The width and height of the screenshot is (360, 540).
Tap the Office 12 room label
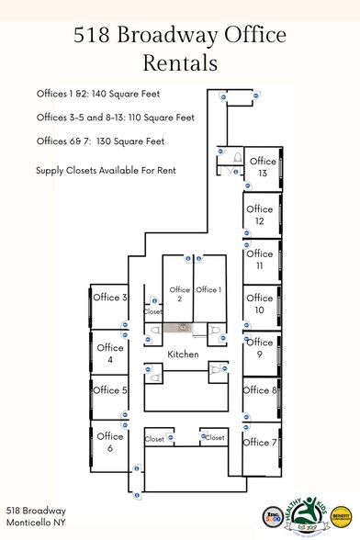click(260, 215)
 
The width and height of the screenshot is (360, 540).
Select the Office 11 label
click(260, 259)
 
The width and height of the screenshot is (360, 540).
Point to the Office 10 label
click(260, 303)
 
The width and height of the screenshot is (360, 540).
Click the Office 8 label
click(260, 390)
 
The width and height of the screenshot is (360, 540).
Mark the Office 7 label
click(260, 443)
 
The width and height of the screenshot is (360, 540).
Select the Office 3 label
click(110, 298)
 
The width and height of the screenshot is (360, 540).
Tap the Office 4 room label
click(110, 354)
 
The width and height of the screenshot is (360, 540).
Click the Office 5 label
click(110, 390)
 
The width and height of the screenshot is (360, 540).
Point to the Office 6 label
click(110, 442)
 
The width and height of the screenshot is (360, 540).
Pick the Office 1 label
click(208, 290)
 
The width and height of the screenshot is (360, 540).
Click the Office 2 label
click(179, 295)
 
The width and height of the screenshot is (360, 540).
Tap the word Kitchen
click(183, 354)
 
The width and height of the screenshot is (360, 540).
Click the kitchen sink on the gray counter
click(184, 327)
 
